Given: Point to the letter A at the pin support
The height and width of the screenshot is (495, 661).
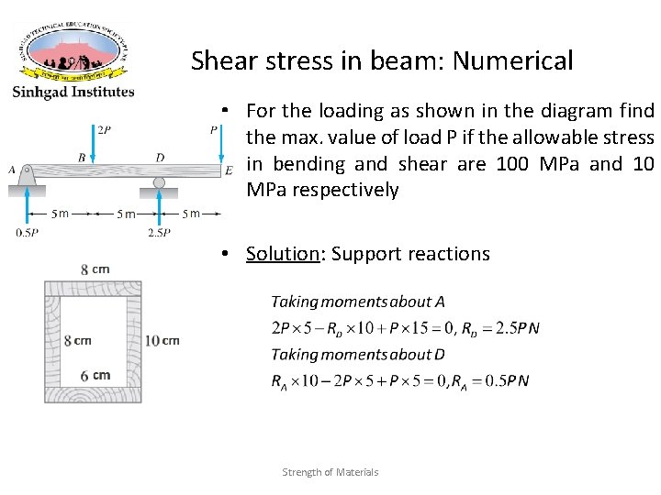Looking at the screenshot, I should pyautogui.click(x=12, y=170).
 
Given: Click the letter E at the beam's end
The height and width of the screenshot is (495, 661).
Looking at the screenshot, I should pyautogui.click(x=229, y=170).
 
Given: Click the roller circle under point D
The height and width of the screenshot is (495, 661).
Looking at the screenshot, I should pyautogui.click(x=159, y=182).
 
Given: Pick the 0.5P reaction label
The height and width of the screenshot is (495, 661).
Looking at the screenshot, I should pyautogui.click(x=27, y=233).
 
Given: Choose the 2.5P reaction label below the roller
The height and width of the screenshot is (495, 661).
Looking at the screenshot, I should pyautogui.click(x=158, y=233).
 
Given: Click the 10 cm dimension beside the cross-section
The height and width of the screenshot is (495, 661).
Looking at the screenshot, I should pyautogui.click(x=163, y=340).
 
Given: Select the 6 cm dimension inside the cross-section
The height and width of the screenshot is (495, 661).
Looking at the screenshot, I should pyautogui.click(x=96, y=375).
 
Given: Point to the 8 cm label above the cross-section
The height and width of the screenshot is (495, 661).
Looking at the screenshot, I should pyautogui.click(x=95, y=269).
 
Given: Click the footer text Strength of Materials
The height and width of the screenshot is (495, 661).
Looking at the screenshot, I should pyautogui.click(x=330, y=472).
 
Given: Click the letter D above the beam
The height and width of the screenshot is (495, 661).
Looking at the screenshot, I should pyautogui.click(x=160, y=158).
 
